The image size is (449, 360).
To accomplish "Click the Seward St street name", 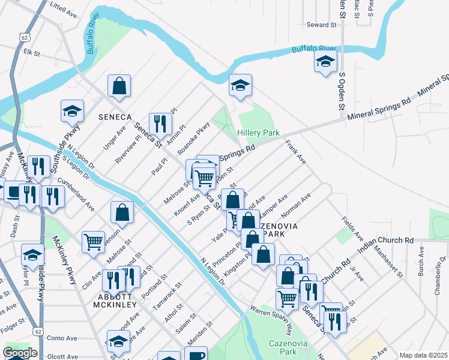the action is pos(322,25).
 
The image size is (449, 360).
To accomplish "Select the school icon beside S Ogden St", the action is pos(325,62).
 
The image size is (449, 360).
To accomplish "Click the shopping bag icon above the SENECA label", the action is pos(119,85).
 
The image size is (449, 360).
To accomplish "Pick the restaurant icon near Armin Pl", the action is pos(160,124).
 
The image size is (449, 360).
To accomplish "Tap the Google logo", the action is pos(20,353).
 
